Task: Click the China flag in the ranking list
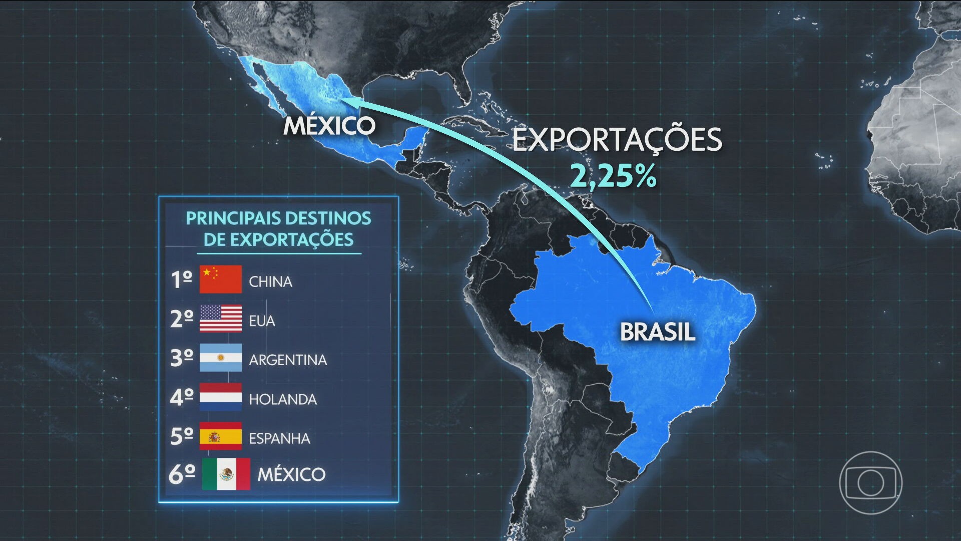pyautogui.click(x=220, y=280)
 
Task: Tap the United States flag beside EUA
pyautogui.click(x=220, y=319)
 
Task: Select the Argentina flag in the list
pyautogui.click(x=220, y=358)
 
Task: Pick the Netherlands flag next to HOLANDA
pyautogui.click(x=220, y=397)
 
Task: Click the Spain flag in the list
pyautogui.click(x=220, y=436)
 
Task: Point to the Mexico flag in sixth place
pyautogui.click(x=226, y=474)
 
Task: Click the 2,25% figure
pyautogui.click(x=614, y=176)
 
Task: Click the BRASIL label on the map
pyautogui.click(x=658, y=332)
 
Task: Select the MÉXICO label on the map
pyautogui.click(x=329, y=125)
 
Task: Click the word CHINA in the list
pyautogui.click(x=270, y=282)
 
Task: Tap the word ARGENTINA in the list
pyautogui.click(x=288, y=360)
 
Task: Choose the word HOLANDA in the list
pyautogui.click(x=283, y=399)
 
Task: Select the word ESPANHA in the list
pyautogui.click(x=279, y=438)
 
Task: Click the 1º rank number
pyautogui.click(x=181, y=280)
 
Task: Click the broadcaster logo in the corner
pyautogui.click(x=870, y=482)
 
